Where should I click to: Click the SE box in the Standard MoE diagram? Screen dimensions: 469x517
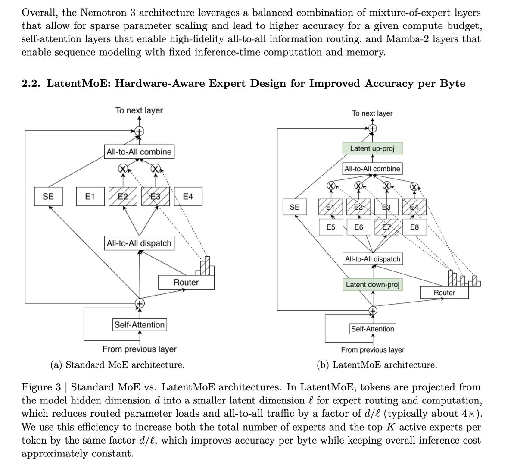pyautogui.click(x=48, y=197)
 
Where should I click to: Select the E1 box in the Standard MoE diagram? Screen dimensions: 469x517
pyautogui.click(x=90, y=197)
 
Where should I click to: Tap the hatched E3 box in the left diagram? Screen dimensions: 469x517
pyautogui.click(x=156, y=197)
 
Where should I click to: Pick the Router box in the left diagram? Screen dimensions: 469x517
pyautogui.click(x=186, y=283)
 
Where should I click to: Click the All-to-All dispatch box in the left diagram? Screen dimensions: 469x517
pyautogui.click(x=139, y=243)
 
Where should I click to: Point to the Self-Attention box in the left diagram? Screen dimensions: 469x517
pyautogui.click(x=140, y=325)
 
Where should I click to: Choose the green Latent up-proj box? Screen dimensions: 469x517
pyautogui.click(x=372, y=149)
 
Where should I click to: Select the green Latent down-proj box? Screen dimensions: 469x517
pyautogui.click(x=372, y=285)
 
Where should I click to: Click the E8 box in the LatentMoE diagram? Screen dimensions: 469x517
pyautogui.click(x=414, y=227)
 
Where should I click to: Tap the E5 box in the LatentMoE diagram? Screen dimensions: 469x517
pyautogui.click(x=331, y=227)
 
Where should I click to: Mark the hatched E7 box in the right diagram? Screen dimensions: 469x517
pyautogui.click(x=386, y=227)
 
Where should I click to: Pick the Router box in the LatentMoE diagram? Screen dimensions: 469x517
pyautogui.click(x=444, y=293)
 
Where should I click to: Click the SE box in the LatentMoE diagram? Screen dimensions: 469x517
pyautogui.click(x=294, y=207)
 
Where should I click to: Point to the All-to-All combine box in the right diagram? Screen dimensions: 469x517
pyautogui.click(x=372, y=169)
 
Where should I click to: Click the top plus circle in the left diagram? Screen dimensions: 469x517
pyautogui.click(x=139, y=131)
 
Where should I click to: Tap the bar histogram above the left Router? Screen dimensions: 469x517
pyautogui.click(x=206, y=266)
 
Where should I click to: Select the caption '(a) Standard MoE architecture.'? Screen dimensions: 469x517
pyautogui.click(x=118, y=365)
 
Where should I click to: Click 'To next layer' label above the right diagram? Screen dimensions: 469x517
pyautogui.click(x=372, y=113)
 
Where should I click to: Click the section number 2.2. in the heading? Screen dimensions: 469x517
pyautogui.click(x=31, y=83)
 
